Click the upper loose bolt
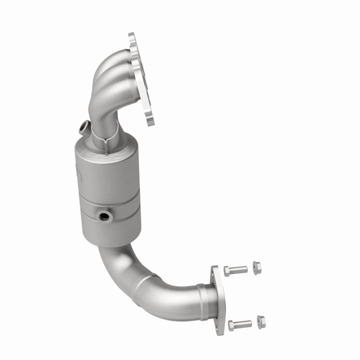[236, 270]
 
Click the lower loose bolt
[240, 325]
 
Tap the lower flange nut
[261, 321]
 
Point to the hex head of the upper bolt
[227, 271]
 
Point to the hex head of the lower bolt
[231, 326]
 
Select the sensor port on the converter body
[105, 216]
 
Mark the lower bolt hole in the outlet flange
[218, 320]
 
